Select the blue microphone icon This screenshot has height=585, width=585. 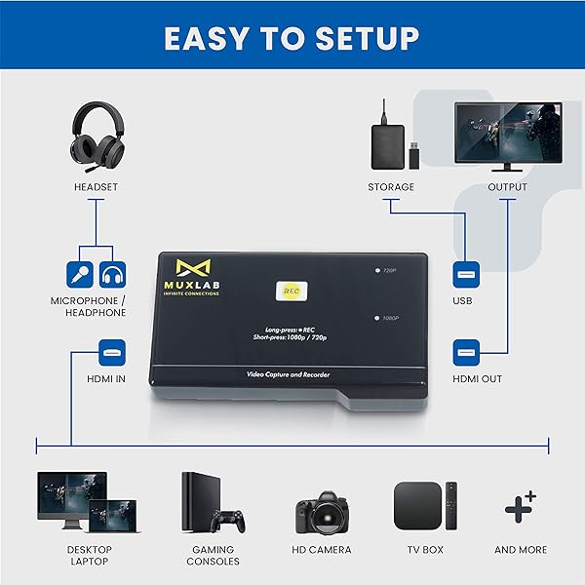point(80,274)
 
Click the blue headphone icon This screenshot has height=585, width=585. point(113,274)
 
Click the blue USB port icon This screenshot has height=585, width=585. point(465,274)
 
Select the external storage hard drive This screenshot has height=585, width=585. point(390,144)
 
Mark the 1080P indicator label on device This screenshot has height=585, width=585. point(389,318)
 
